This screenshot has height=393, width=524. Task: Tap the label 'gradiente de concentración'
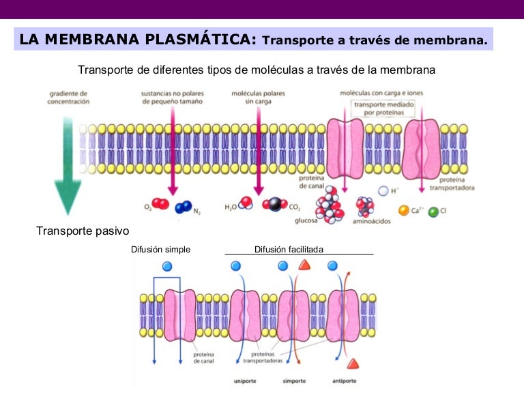click(x=68, y=97)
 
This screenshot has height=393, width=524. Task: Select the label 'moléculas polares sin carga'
click(x=259, y=97)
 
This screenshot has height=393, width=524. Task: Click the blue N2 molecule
click(x=183, y=207)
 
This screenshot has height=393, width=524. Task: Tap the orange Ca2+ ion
click(x=404, y=211)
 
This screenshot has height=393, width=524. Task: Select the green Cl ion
click(x=433, y=212)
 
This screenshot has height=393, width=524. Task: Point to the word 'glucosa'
click(x=306, y=220)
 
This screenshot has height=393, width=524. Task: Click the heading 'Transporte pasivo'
click(x=83, y=231)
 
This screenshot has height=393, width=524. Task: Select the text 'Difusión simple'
click(x=160, y=250)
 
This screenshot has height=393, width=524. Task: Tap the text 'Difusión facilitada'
click(x=289, y=250)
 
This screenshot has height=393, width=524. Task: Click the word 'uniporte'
click(x=245, y=380)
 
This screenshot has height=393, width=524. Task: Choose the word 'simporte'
click(x=294, y=380)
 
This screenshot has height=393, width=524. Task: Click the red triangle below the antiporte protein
click(x=353, y=363)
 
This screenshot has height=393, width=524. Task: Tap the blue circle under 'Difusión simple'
click(x=167, y=266)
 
